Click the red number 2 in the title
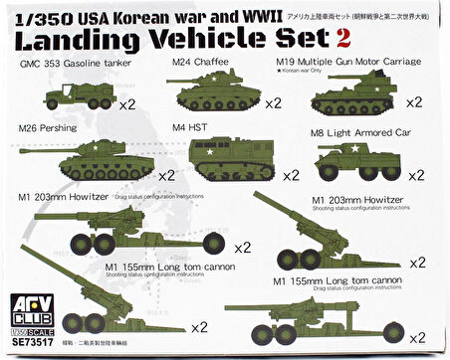[343, 39]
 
